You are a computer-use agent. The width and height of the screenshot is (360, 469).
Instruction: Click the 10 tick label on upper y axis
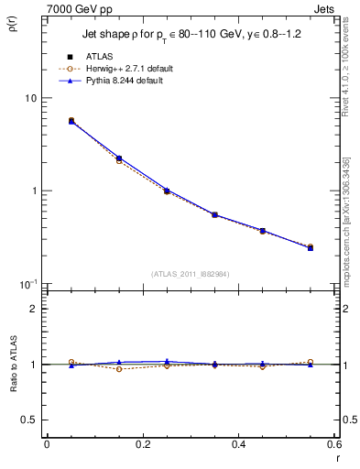(30, 98)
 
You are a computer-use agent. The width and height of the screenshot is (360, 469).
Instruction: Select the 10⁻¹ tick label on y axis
(27, 283)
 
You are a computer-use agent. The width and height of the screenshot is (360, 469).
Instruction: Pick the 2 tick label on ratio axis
(34, 309)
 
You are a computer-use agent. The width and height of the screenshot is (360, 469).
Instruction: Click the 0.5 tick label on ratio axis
(30, 420)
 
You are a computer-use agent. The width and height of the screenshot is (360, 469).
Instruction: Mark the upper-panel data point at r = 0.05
(71, 121)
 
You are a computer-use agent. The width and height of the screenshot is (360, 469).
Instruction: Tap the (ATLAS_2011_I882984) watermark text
(190, 273)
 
